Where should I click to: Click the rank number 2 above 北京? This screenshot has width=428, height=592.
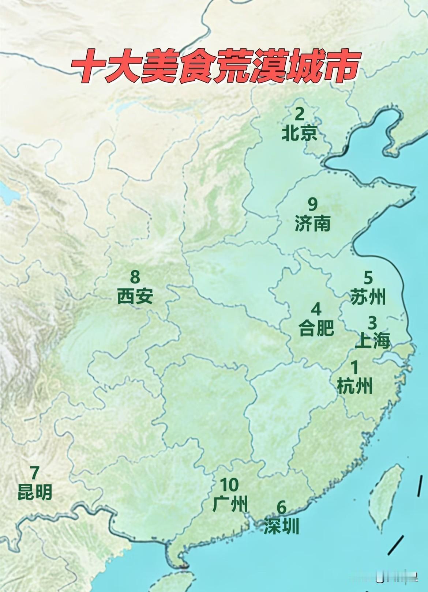point(299,114)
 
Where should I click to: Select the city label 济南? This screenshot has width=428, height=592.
point(312,224)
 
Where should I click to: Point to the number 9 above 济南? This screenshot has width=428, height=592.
point(312,204)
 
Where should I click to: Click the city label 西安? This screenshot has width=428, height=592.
point(135,297)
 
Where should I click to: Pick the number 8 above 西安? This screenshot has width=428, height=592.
point(135,276)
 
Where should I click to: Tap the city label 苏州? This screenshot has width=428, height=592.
point(368,297)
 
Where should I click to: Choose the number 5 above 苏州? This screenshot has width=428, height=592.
point(368,278)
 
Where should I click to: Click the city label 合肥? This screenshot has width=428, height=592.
point(316,328)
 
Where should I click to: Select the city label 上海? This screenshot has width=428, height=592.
point(372,342)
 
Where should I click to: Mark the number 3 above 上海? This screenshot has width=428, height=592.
point(372,323)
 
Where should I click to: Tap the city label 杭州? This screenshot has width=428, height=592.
point(354,386)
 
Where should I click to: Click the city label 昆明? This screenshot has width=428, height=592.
point(35,493)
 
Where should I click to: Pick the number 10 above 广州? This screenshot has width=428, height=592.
point(230,485)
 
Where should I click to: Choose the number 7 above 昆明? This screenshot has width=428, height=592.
point(34,473)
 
